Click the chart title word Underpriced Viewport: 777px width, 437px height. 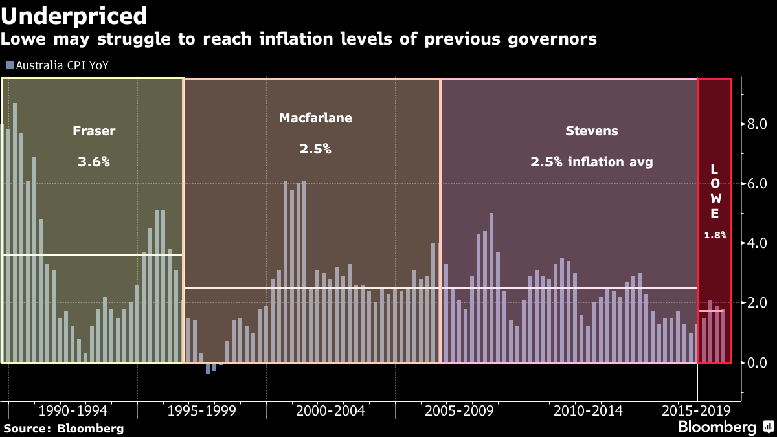(74, 16)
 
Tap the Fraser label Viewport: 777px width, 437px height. (94, 131)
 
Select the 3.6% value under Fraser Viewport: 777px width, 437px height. (94, 162)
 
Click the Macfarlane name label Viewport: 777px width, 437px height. (315, 118)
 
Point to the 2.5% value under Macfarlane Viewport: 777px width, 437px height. (315, 149)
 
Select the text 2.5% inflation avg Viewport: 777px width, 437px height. (591, 162)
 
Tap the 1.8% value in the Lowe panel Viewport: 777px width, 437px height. (715, 236)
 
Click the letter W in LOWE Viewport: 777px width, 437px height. (715, 199)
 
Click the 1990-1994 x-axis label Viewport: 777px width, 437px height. (73, 411)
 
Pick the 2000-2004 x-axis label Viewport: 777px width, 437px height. (330, 411)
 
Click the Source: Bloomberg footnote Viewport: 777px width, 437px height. (63, 428)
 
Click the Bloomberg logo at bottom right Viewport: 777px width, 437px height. (725, 427)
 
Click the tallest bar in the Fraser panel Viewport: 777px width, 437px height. (15, 233)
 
